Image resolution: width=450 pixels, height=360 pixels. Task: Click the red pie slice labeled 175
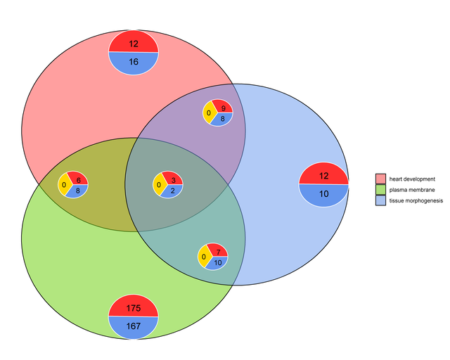click(134, 307)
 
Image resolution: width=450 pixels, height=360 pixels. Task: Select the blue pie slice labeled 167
click(134, 327)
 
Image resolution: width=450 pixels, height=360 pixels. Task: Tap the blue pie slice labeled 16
click(134, 63)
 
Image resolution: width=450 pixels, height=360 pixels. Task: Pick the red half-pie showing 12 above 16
click(134, 42)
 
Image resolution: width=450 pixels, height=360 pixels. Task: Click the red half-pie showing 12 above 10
click(323, 174)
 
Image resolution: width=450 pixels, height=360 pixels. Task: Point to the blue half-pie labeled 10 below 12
click(323, 195)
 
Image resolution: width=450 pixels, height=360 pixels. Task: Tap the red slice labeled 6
click(78, 179)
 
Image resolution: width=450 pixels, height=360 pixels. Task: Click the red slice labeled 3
click(173, 179)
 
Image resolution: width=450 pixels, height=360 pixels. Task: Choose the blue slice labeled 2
click(172, 191)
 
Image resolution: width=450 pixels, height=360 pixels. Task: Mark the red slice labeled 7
click(219, 252)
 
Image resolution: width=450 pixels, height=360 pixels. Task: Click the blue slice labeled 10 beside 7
click(218, 263)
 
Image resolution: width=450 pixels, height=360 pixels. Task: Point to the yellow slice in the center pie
click(159, 185)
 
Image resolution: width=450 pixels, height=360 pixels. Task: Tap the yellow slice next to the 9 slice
click(209, 112)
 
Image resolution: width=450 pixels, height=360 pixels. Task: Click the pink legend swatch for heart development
click(381, 179)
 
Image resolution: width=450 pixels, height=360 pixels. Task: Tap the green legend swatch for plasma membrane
click(381, 190)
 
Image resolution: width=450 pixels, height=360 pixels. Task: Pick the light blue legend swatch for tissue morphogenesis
click(381, 201)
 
